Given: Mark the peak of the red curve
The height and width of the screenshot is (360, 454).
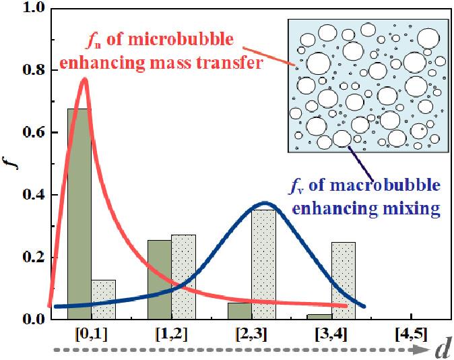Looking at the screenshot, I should (x=84, y=79).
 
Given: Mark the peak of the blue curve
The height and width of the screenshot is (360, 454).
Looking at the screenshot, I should (x=265, y=202).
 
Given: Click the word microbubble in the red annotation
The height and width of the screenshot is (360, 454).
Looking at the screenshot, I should (x=189, y=40).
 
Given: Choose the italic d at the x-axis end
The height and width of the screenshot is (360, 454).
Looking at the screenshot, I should (x=443, y=349).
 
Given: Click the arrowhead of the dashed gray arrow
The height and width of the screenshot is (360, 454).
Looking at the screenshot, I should (x=422, y=350).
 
